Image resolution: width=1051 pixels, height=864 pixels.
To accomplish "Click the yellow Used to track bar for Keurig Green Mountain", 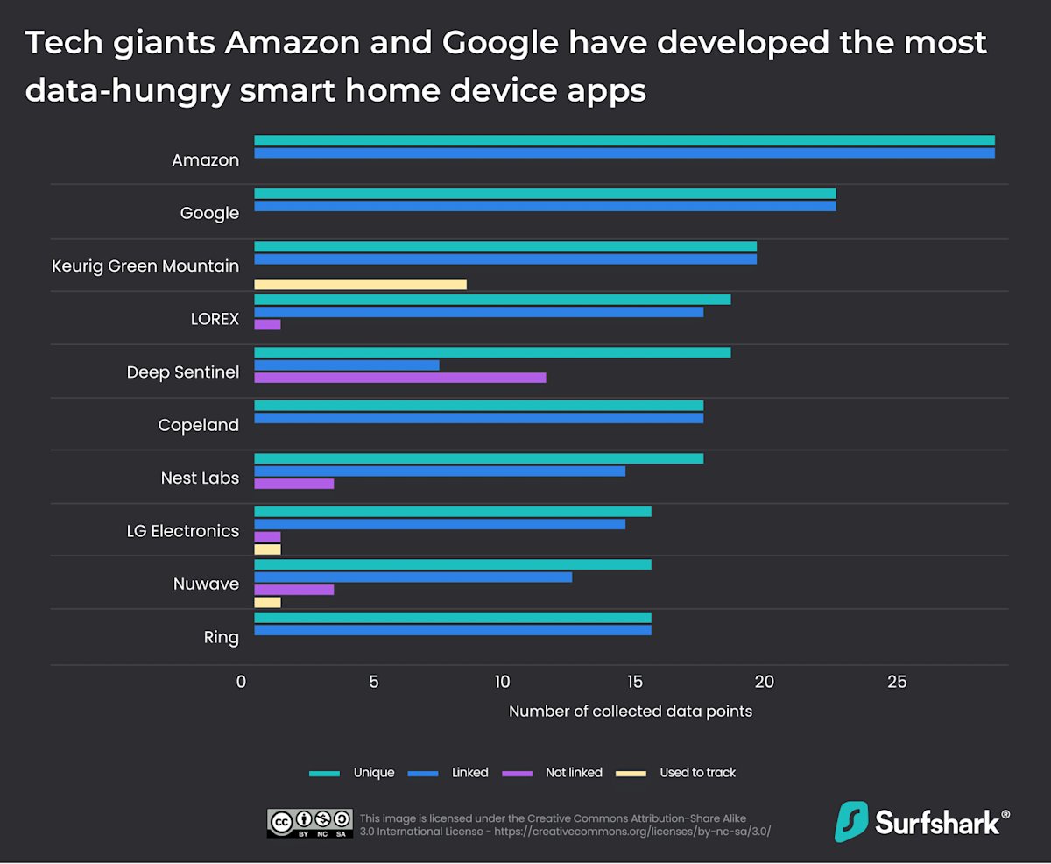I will [x=360, y=284].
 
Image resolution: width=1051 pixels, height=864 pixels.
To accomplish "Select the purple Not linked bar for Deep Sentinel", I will [x=399, y=378].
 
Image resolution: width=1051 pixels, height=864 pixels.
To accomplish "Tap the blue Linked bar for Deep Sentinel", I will [x=346, y=365].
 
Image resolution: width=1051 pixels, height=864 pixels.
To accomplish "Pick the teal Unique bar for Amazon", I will [x=624, y=140].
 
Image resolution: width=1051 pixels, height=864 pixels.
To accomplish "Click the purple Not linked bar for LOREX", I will [x=267, y=324].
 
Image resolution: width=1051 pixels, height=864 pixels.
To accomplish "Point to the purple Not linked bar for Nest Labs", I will [x=293, y=484].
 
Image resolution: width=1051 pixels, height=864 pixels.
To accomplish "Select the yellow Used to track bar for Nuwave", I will [x=267, y=602].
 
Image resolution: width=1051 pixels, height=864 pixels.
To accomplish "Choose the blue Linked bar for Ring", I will [x=452, y=630].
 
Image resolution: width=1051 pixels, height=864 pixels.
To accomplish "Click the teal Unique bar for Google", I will [x=545, y=194].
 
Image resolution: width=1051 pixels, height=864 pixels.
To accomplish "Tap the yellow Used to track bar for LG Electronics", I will [x=267, y=549].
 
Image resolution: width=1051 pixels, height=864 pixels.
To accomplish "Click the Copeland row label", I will [x=198, y=425].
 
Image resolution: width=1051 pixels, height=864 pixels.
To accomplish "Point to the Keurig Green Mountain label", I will [x=145, y=266].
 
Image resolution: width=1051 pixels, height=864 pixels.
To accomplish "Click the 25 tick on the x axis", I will [x=896, y=682].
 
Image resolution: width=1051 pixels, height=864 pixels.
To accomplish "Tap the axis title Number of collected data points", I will [x=631, y=711].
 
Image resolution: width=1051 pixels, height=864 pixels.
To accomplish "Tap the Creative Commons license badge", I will [x=309, y=823].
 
